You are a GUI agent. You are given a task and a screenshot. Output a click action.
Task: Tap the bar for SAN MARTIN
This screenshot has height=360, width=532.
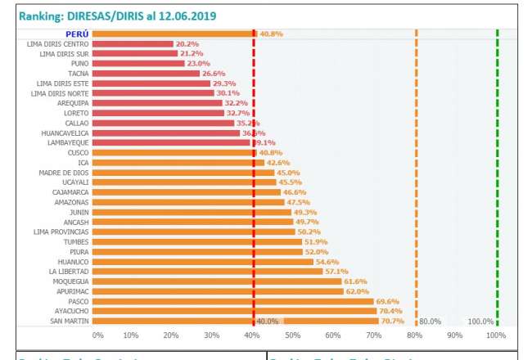(x=237, y=321)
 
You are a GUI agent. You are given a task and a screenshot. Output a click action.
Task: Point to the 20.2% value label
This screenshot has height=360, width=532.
(x=188, y=44)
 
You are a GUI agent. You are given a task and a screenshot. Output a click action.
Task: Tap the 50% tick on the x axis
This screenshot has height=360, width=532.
(x=292, y=335)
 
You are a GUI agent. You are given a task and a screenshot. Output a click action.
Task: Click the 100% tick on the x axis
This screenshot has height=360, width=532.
(x=494, y=335)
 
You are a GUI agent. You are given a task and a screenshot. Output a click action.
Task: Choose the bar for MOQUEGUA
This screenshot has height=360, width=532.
(x=217, y=281)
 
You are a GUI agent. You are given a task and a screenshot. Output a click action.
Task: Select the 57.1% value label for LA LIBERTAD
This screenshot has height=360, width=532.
(x=337, y=272)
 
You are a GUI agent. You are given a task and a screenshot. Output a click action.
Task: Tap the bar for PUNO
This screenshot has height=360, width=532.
(x=138, y=64)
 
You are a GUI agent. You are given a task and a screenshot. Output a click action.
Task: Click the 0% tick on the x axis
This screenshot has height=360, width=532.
(x=98, y=335)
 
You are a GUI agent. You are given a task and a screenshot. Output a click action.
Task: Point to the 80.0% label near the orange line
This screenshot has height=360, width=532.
(x=431, y=322)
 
